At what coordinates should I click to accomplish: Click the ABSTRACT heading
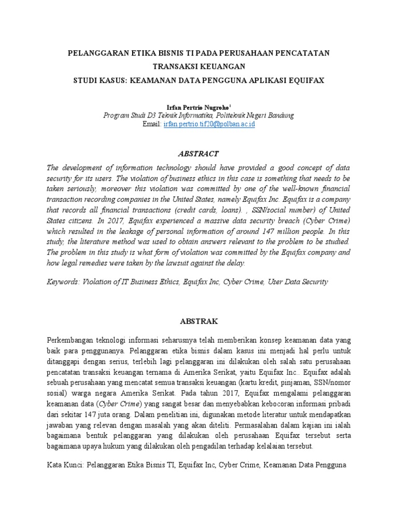point(198,154)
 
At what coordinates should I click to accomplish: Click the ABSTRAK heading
point(198,321)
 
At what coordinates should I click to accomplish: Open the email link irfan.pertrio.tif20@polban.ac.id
point(209,125)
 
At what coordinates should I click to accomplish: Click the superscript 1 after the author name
point(223,104)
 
